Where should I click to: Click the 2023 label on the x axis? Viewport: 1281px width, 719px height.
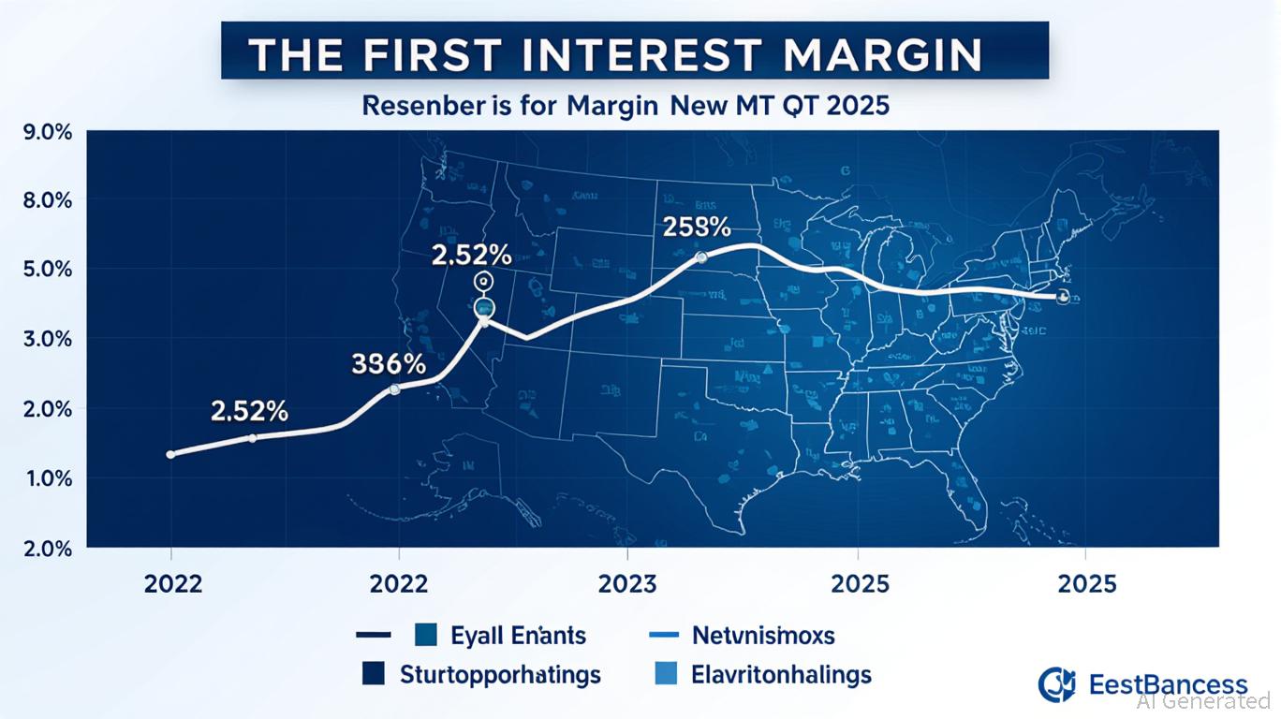point(626,584)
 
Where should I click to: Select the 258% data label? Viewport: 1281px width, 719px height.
point(696,227)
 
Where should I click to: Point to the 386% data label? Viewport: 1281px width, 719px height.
point(389,364)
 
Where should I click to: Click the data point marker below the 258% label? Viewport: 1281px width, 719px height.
point(701,257)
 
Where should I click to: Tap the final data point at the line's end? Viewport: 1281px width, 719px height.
point(1062,297)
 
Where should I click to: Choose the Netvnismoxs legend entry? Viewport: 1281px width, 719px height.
point(763,636)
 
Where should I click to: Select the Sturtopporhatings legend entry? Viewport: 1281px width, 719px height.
point(500,674)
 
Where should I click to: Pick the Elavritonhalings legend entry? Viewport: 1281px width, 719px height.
point(781,674)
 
